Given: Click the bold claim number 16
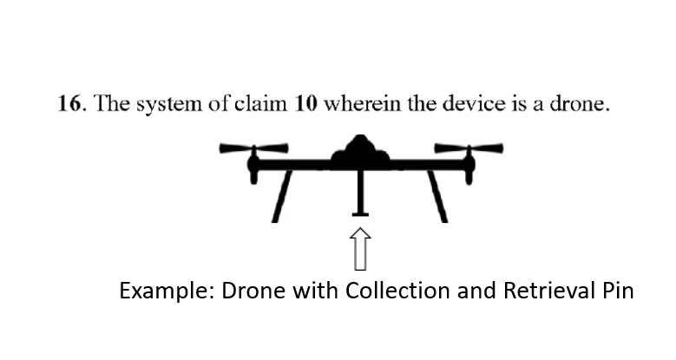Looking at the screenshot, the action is click(x=69, y=103).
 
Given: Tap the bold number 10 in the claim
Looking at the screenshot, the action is click(x=306, y=103).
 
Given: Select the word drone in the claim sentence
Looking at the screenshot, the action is click(x=580, y=103).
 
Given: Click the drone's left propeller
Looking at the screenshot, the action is click(x=253, y=148).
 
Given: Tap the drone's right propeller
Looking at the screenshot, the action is click(x=469, y=148).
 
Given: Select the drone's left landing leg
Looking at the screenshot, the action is click(x=282, y=197).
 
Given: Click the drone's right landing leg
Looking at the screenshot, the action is click(x=437, y=197).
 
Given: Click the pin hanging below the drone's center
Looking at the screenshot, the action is click(x=360, y=193).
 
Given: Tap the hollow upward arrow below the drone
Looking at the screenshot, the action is click(x=360, y=249).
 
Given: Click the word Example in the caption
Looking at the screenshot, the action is click(x=167, y=291).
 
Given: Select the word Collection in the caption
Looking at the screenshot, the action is click(x=397, y=290).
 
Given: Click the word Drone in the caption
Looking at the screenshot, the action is click(x=253, y=290).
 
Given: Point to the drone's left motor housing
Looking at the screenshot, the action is click(x=253, y=166).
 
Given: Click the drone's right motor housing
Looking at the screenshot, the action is click(x=469, y=166).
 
